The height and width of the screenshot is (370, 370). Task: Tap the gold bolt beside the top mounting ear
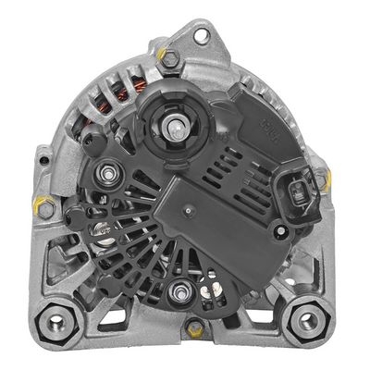coord(170,56)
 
